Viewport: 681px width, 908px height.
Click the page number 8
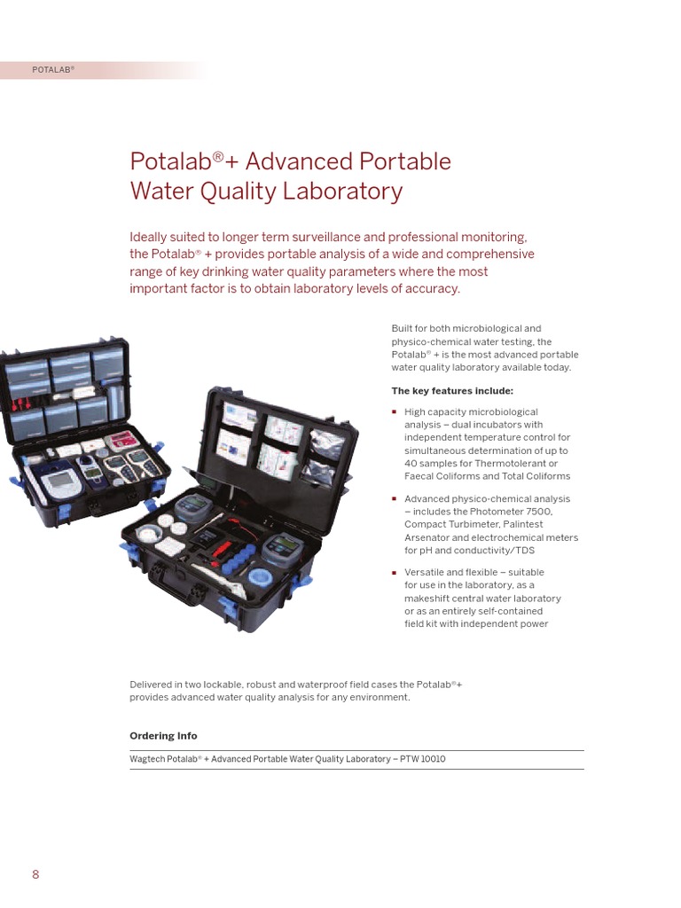pyautogui.click(x=35, y=874)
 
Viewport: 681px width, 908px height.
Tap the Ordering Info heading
pyautogui.click(x=163, y=736)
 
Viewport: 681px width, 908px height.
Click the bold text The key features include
pyautogui.click(x=452, y=391)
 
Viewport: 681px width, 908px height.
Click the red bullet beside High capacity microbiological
pyautogui.click(x=395, y=412)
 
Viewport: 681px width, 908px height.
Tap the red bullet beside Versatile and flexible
pyautogui.click(x=395, y=573)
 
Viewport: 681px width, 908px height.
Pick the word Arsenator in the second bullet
pyautogui.click(x=427, y=537)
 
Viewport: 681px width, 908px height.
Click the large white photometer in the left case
pyautogui.click(x=60, y=483)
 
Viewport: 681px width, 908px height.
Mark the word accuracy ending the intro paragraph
pyautogui.click(x=433, y=289)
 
